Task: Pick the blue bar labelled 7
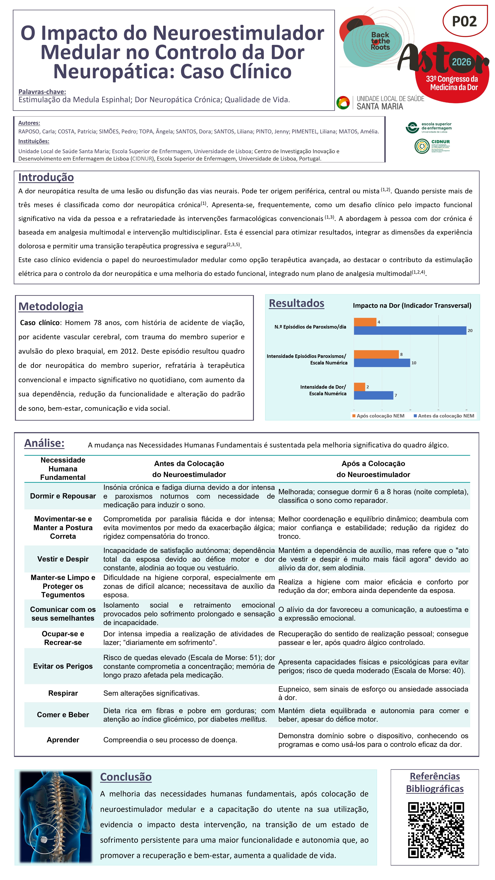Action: coord(373,395)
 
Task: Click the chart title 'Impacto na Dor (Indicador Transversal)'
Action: coord(412,305)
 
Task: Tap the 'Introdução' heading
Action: coord(46,177)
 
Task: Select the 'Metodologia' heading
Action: coord(51,306)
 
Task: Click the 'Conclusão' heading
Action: coord(126,777)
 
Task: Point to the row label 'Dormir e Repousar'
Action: coord(63,496)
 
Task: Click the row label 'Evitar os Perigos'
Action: coord(63,666)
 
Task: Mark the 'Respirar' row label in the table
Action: coord(63,693)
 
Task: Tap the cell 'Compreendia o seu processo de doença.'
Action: coord(170,740)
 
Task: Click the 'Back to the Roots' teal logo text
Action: coord(380,41)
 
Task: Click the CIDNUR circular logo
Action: coord(422,146)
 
